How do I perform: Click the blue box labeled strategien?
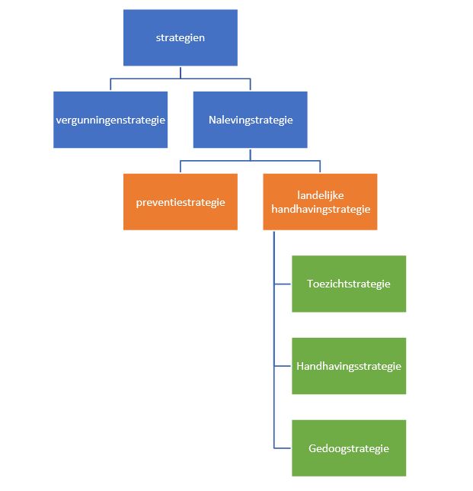[181, 37]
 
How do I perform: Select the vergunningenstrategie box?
[110, 120]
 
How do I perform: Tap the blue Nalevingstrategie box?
[251, 120]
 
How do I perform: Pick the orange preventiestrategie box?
[181, 202]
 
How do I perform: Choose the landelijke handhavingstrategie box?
[320, 202]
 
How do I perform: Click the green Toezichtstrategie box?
[349, 284]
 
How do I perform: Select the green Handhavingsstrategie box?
[349, 366]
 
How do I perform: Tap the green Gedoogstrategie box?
[349, 448]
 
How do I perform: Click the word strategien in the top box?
[181, 37]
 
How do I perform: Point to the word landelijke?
[320, 196]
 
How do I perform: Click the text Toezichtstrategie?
[349, 284]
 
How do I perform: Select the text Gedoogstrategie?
[349, 448]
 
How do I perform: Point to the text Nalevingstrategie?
[251, 120]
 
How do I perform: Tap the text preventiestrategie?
[181, 202]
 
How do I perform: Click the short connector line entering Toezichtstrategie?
[283, 284]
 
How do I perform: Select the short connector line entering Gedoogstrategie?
[283, 448]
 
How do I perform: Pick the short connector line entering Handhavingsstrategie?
[283, 366]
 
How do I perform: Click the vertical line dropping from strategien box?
[181, 72]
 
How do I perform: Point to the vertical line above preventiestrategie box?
[181, 167]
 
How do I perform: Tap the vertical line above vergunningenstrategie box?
[110, 85]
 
